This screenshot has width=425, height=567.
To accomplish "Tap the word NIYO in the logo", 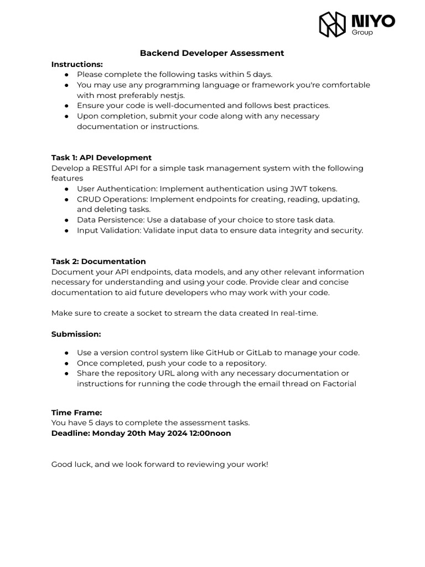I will click(374, 21).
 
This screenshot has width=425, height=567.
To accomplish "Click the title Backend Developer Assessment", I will click(212, 53).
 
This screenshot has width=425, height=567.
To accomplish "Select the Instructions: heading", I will click(77, 64).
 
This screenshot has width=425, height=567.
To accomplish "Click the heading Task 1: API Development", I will click(101, 158).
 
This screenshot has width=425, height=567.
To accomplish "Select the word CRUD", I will click(89, 199).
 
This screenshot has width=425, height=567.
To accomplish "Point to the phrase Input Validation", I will click(108, 230).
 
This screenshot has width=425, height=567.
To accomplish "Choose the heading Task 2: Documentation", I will click(99, 261).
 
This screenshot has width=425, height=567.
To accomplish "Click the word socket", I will click(143, 313).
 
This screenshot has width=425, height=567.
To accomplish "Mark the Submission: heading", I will click(76, 334).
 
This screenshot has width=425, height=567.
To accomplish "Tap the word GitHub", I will click(220, 353).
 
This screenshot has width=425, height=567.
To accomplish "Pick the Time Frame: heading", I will click(77, 413).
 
